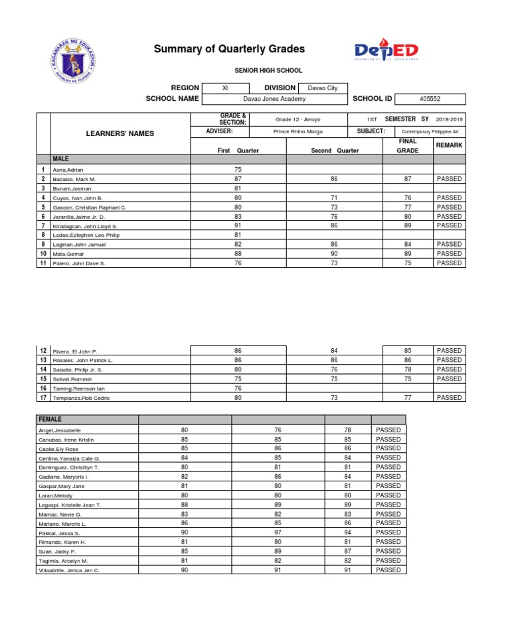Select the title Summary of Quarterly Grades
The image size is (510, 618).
[229, 49]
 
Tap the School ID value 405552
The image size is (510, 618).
[430, 99]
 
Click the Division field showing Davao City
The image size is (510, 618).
[323, 88]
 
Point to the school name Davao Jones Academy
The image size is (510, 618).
[274, 99]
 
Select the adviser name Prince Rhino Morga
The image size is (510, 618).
[297, 132]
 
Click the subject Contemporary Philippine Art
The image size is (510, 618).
[430, 132]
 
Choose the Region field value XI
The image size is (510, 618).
[225, 88]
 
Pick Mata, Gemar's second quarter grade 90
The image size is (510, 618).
[334, 254]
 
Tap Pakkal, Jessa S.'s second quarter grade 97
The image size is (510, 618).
[278, 532]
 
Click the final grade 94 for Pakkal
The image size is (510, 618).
[347, 532]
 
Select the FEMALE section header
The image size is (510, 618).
[50, 420]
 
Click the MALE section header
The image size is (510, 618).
[61, 159]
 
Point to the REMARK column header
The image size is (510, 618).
[449, 145]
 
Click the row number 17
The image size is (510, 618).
[43, 398]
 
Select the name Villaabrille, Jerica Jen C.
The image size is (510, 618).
[70, 570]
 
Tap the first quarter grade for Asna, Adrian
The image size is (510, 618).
[238, 170]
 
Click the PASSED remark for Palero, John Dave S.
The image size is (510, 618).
[449, 263]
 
